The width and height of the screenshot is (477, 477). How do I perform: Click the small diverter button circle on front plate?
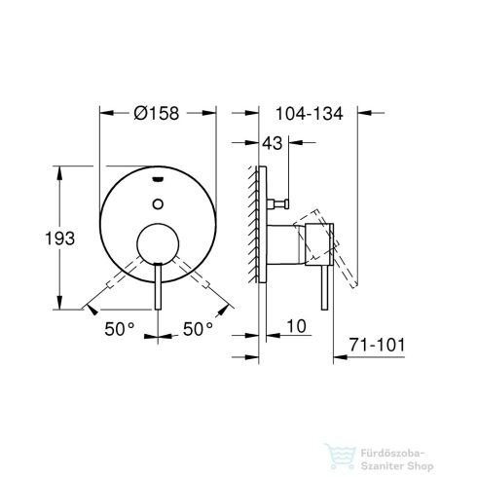coord(158,203)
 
